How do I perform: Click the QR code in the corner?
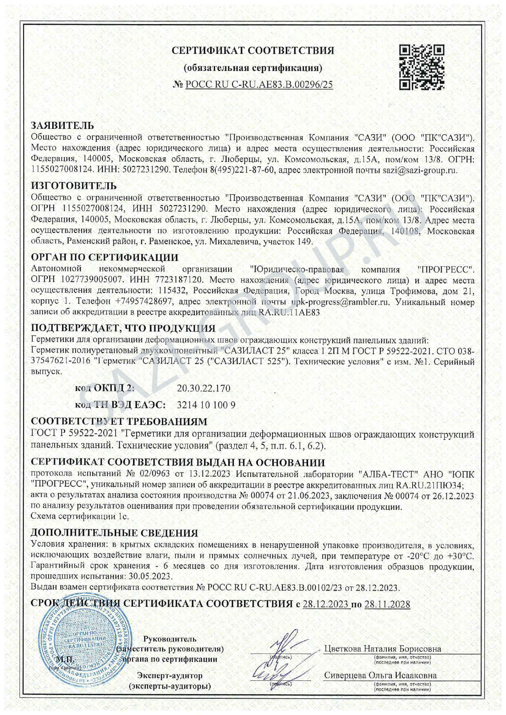(x=422, y=67)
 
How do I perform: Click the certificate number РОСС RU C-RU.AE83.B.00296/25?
(x=259, y=84)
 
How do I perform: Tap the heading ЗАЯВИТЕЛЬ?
(x=62, y=126)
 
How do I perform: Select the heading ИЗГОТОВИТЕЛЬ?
(x=74, y=186)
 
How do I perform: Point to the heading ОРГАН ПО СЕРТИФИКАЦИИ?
(x=104, y=258)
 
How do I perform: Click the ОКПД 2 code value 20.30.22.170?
(x=204, y=388)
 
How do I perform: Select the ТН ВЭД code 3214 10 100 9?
(x=206, y=405)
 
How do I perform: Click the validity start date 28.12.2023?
(x=325, y=604)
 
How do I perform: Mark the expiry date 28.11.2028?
(x=387, y=604)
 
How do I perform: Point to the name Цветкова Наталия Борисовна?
(x=382, y=649)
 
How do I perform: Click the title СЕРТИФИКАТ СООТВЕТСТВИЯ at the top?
(x=253, y=51)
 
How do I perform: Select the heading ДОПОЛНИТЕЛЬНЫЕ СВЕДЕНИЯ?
(x=114, y=533)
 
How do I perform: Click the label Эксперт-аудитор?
(x=170, y=675)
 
